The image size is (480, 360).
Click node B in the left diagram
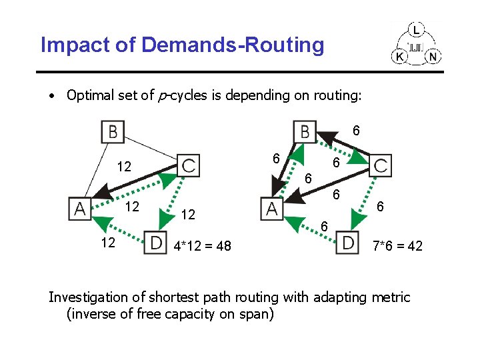point(113,131)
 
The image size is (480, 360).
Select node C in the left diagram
point(189,165)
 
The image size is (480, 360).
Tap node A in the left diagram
point(80,209)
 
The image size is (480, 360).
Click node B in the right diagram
point(304,131)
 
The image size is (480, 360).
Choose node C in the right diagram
point(381,165)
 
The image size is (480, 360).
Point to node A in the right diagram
point(271,209)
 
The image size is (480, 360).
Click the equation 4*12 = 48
point(202,247)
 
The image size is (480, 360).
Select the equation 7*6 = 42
point(397,247)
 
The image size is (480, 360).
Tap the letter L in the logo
point(417,30)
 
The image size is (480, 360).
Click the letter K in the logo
point(400,57)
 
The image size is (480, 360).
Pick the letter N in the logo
point(433,57)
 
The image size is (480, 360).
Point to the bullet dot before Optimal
point(51,95)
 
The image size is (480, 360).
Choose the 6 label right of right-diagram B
point(357,131)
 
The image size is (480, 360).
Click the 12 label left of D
point(108,243)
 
